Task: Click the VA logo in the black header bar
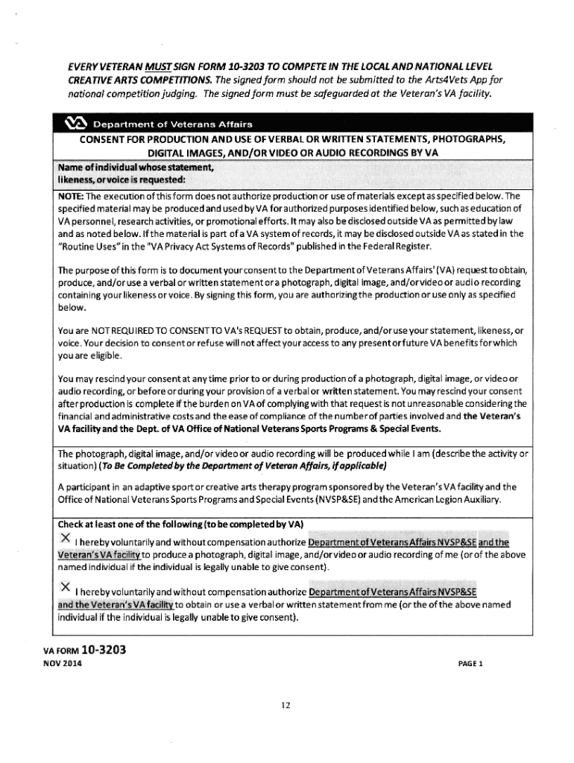pyautogui.click(x=78, y=123)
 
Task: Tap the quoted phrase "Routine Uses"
pyautogui.click(x=84, y=247)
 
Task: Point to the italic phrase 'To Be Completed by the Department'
pyautogui.click(x=201, y=466)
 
